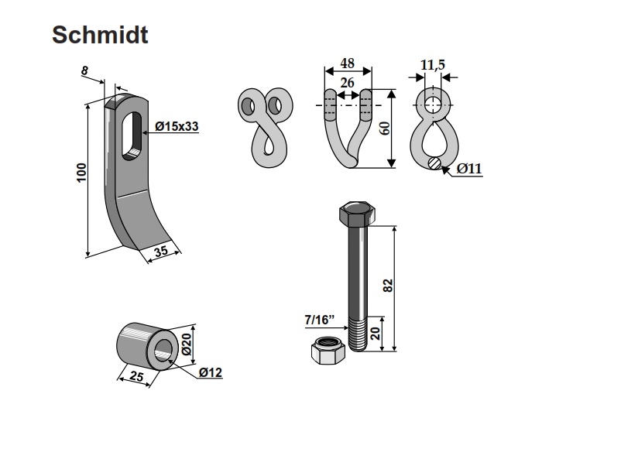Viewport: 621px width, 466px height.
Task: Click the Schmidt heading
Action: (100, 35)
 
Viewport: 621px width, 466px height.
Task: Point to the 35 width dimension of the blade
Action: (161, 251)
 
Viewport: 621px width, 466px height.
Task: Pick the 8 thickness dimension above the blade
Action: (84, 71)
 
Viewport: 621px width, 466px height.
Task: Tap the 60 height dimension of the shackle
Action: (383, 128)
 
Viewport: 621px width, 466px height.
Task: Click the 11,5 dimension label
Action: (433, 65)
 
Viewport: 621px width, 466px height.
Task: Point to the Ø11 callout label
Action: (469, 169)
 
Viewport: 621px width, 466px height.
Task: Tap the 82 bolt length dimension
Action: (389, 285)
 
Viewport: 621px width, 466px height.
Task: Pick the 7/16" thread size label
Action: (320, 317)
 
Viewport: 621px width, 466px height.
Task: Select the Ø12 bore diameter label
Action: (210, 373)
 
